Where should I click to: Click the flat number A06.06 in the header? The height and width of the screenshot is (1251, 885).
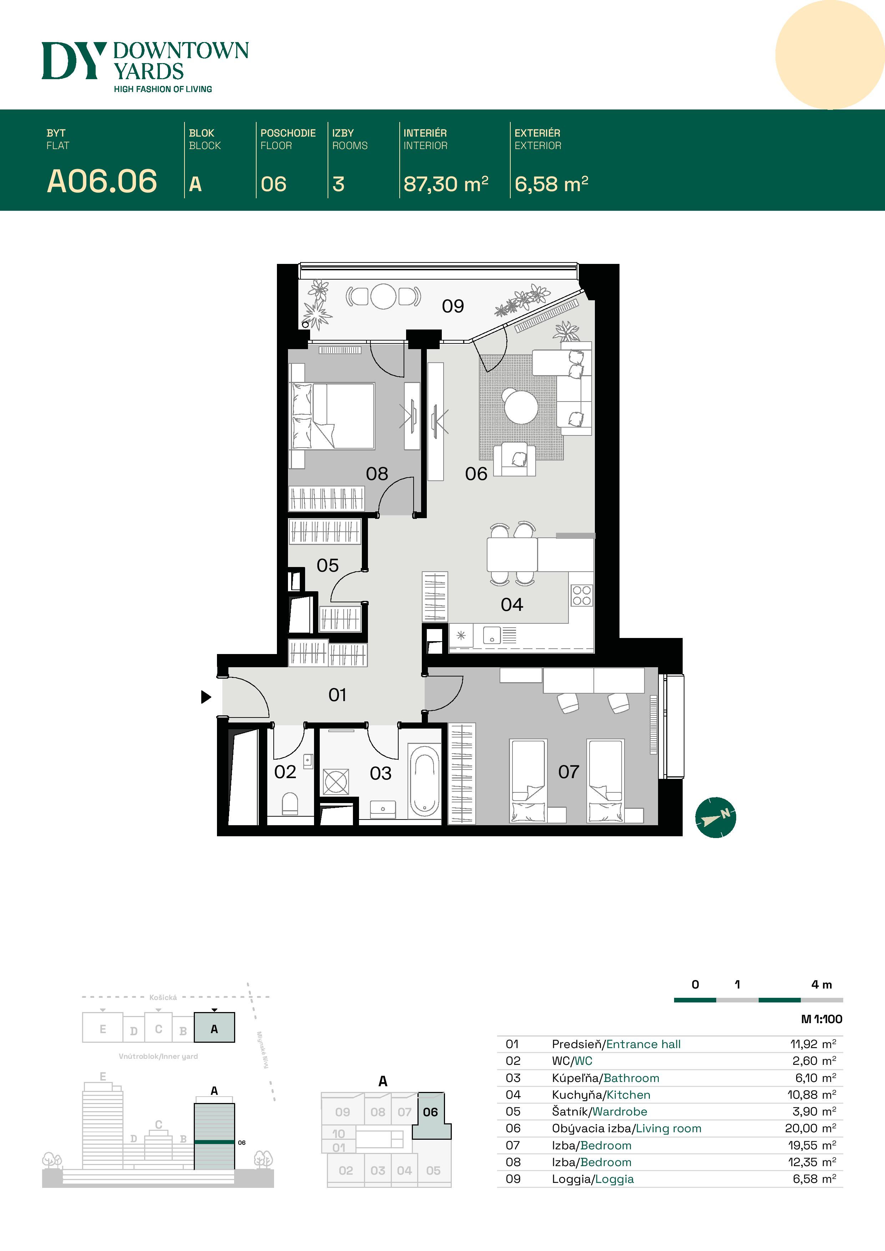tap(102, 182)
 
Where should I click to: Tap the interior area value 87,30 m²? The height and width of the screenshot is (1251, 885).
tap(445, 184)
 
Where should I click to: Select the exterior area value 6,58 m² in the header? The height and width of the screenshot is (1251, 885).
tap(551, 184)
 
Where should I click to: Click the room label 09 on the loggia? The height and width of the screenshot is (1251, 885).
tap(452, 306)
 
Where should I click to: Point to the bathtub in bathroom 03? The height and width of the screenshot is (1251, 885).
tap(424, 781)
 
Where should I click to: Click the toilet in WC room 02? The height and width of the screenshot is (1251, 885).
tap(290, 804)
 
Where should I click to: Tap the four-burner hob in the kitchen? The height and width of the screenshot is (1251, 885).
tap(581, 596)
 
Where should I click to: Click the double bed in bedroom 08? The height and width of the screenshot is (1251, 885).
tap(334, 416)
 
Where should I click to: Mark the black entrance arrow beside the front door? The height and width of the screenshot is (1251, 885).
tap(206, 696)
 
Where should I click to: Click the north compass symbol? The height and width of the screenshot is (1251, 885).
tap(715, 817)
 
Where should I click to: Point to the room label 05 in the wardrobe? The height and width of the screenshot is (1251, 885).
tap(328, 566)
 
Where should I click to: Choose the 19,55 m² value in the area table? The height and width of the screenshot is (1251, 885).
tap(811, 1145)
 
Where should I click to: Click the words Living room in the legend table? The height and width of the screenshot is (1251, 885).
tap(668, 1128)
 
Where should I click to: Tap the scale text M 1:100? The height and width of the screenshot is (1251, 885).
tap(821, 1019)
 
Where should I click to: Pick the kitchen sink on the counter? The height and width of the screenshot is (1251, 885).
tap(492, 635)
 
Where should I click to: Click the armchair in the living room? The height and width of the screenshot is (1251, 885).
tap(514, 459)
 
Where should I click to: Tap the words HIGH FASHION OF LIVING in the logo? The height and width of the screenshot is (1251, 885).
tap(162, 89)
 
